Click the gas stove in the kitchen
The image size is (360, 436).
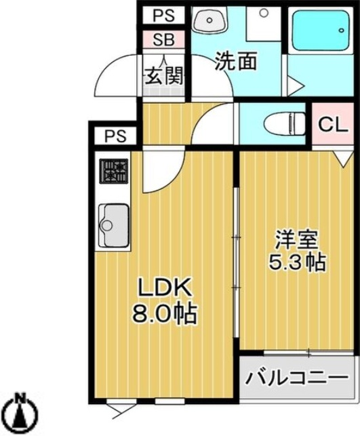coord(114,172)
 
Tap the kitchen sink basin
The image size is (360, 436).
coord(114,226)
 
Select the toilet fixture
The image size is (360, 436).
coord(283,123)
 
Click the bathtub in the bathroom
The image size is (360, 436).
coord(321,31)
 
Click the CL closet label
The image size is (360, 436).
coord(333,125)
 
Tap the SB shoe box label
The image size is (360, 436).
coord(164,40)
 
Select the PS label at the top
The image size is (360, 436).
coord(164,16)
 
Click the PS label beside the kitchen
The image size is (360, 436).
coord(115,136)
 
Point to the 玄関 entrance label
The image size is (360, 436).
coord(165,75)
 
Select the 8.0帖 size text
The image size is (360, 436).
coord(165,313)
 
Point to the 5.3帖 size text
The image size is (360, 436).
coord(297,263)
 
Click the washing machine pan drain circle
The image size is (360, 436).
coord(264,12)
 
